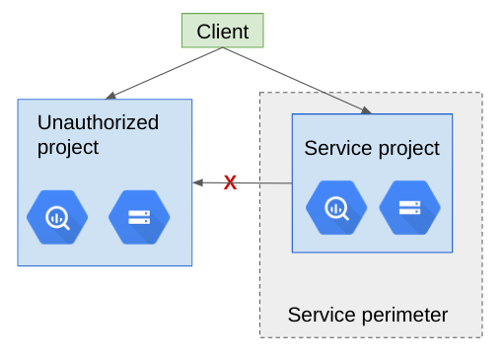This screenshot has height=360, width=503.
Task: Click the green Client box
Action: point(223,31)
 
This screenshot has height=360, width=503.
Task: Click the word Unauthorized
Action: point(98,122)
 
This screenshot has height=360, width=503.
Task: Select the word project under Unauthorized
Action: point(68,147)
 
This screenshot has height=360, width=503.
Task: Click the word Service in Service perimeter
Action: point(317,315)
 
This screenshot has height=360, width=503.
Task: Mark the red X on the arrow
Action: point(230,182)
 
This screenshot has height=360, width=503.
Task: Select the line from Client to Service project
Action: point(296,79)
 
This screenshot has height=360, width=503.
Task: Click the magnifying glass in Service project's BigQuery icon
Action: point(337,209)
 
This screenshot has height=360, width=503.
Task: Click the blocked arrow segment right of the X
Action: point(264,182)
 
